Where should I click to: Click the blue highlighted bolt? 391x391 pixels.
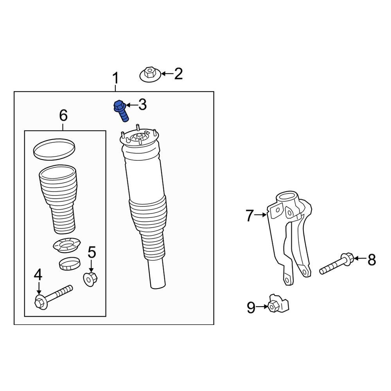click(x=120, y=111)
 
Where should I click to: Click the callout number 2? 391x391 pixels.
click(x=178, y=74)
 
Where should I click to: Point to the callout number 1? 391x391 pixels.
click(x=115, y=78)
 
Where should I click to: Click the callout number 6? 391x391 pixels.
click(x=63, y=115)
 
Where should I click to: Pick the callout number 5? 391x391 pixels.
click(x=91, y=253)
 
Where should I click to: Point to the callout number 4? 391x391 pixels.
click(x=38, y=275)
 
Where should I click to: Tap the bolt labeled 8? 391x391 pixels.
click(x=336, y=264)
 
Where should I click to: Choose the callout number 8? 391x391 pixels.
click(x=371, y=259)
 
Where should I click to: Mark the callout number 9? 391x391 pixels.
click(x=251, y=308)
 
